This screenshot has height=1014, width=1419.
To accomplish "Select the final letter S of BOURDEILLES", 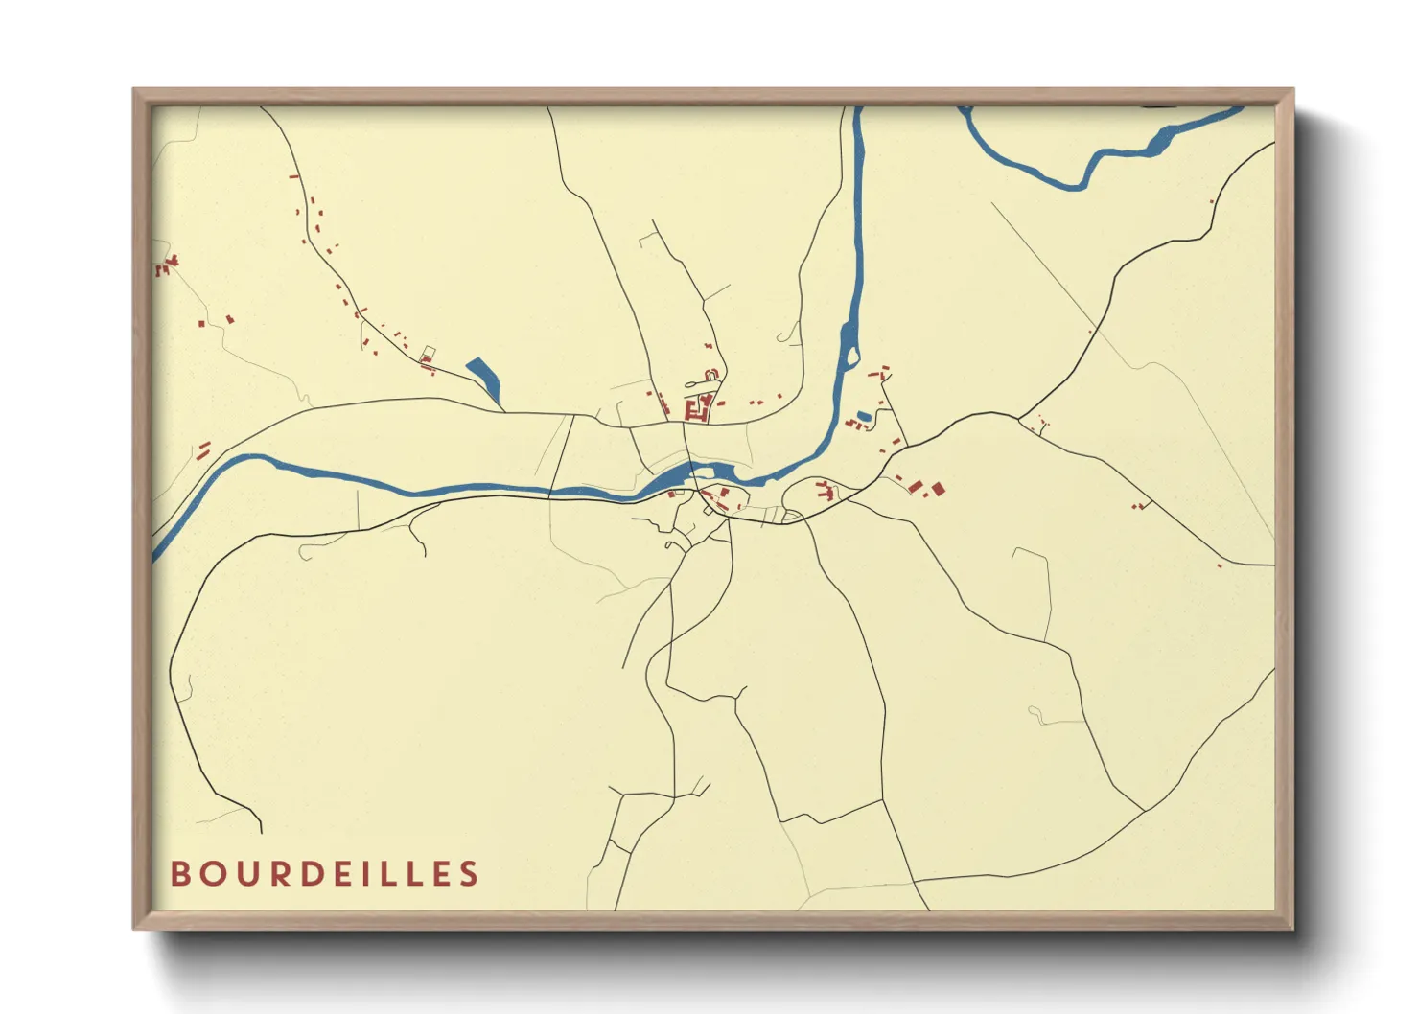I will pyautogui.click(x=469, y=874).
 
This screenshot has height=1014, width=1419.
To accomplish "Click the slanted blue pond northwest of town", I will pyautogui.click(x=484, y=379).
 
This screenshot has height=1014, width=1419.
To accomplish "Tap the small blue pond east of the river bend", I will pyautogui.click(x=864, y=416).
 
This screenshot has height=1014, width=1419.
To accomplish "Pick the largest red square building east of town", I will pyautogui.click(x=938, y=490).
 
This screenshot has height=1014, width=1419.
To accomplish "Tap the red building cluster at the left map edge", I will pyautogui.click(x=167, y=265).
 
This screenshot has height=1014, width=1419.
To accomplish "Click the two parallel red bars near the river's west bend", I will pyautogui.click(x=203, y=449).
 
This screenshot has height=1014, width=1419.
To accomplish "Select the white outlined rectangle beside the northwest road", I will pyautogui.click(x=429, y=353).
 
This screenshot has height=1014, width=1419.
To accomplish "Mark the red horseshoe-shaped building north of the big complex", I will pyautogui.click(x=710, y=375).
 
